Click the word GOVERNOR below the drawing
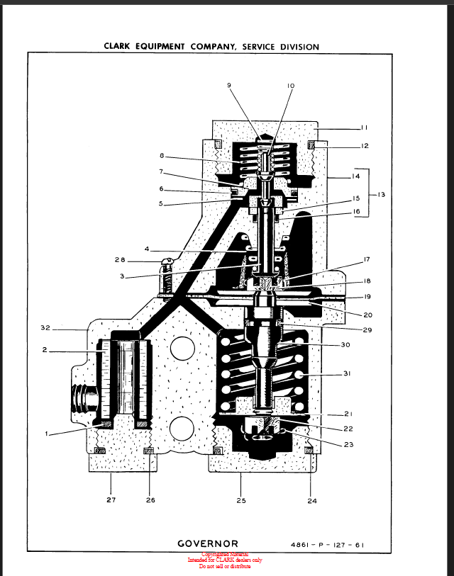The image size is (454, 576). pyautogui.click(x=208, y=544)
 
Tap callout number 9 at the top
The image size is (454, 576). pyautogui.click(x=229, y=85)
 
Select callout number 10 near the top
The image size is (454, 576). pyautogui.click(x=291, y=86)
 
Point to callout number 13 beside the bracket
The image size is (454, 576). pyautogui.click(x=381, y=193)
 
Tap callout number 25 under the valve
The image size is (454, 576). pyautogui.click(x=240, y=500)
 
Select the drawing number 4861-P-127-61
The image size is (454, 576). pyautogui.click(x=331, y=546)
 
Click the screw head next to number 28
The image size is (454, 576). pyautogui.click(x=168, y=264)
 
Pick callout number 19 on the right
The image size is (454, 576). pyautogui.click(x=367, y=296)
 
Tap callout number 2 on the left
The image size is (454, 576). pyautogui.click(x=45, y=351)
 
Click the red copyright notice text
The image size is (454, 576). pyautogui.click(x=225, y=560)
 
